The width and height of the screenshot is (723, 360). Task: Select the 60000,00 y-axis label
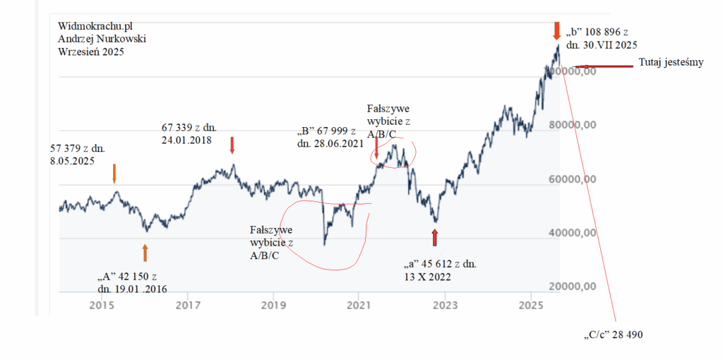572,179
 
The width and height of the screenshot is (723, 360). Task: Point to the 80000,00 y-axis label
572,126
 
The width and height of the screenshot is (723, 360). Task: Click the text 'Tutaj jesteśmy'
671,62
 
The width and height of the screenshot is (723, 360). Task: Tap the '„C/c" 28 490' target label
613,335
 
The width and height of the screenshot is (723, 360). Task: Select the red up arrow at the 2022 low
435,237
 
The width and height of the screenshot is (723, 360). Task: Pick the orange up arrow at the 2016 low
145,252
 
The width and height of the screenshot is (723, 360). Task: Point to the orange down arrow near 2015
116,172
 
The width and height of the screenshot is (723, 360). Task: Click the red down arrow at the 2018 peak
232,145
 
